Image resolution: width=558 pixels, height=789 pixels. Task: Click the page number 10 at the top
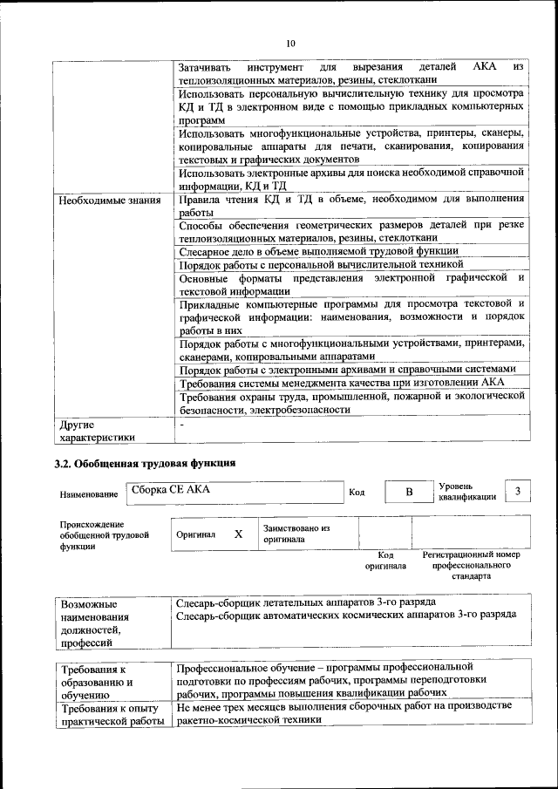coord(290,43)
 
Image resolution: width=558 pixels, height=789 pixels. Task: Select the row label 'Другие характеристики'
coord(97,431)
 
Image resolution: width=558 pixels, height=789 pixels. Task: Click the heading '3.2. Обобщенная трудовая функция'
coord(144,462)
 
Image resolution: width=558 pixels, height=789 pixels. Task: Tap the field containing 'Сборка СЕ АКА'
coord(233,492)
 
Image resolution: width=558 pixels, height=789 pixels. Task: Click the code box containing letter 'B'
coord(408,493)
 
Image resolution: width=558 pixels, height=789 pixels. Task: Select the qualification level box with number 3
coord(519,492)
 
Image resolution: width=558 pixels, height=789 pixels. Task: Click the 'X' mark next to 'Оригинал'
coord(238,534)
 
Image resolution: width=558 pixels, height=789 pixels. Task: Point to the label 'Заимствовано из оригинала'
coord(296,534)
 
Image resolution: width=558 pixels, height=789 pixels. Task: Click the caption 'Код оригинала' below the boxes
coord(385,560)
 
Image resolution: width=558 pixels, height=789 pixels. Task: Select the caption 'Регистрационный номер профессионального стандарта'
coord(471,565)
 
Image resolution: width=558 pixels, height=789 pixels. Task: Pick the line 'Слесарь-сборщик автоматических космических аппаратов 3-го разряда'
coord(346,615)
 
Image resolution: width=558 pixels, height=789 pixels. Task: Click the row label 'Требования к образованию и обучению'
coord(97,682)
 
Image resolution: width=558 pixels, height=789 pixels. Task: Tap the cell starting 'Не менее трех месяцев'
coord(344,712)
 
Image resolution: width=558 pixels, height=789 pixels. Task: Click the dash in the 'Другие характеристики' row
coord(181,425)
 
